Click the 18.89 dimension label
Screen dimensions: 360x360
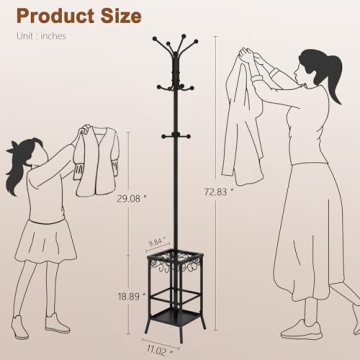(x=126, y=297)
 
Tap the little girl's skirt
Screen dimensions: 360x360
(x=42, y=248)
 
